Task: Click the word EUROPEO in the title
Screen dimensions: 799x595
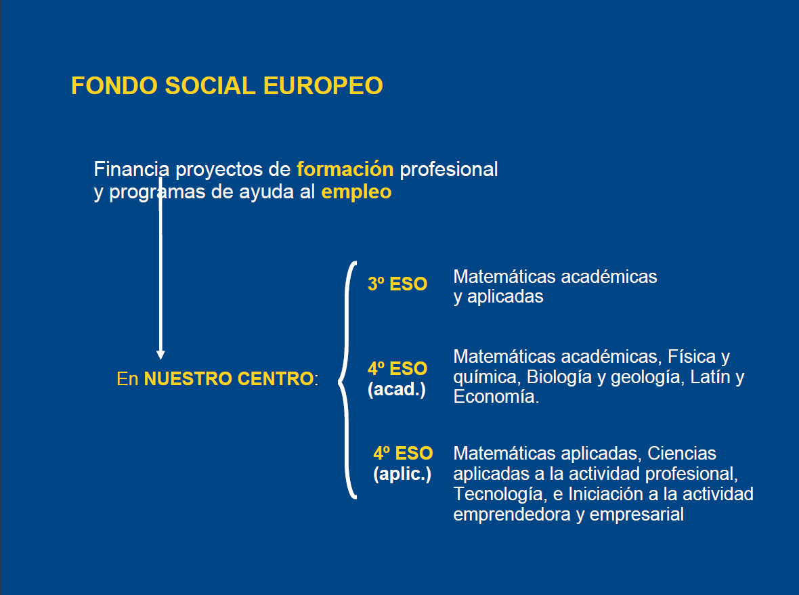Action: pos(323,85)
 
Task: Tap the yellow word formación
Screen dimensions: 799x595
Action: pos(345,169)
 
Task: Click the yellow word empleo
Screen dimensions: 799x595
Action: pos(356,192)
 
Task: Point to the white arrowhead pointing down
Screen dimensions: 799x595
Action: pos(160,355)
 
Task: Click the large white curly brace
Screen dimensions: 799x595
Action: pos(347,380)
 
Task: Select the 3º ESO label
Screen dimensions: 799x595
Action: pos(397,284)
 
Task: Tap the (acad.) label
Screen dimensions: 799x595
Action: pos(396,390)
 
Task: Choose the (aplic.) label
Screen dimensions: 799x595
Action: pos(402,475)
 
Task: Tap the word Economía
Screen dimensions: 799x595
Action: pos(496,396)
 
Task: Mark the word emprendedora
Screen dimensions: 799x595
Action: pos(512,514)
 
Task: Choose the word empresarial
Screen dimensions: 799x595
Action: pos(636,514)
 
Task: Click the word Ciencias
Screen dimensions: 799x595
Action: pos(682,454)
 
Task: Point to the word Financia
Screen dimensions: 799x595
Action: pos(131,169)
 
